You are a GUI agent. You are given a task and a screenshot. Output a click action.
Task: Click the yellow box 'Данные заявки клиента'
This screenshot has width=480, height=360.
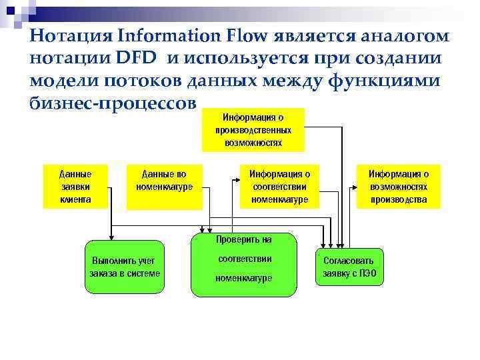coord(75,186)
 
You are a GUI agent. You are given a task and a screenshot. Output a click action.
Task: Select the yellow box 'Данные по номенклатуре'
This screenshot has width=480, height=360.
coord(165,186)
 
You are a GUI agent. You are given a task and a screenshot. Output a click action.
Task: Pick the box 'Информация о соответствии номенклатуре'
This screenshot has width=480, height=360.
coord(279,186)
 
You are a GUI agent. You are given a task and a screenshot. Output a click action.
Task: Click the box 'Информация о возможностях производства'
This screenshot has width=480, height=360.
coord(399,186)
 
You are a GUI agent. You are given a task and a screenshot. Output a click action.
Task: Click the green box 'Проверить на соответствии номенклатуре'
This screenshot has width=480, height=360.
coord(243,264)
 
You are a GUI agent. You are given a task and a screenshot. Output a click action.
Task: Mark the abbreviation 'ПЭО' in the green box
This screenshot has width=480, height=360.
coord(374,273)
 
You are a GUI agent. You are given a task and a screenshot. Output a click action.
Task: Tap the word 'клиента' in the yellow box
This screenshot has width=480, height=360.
coord(75,199)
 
